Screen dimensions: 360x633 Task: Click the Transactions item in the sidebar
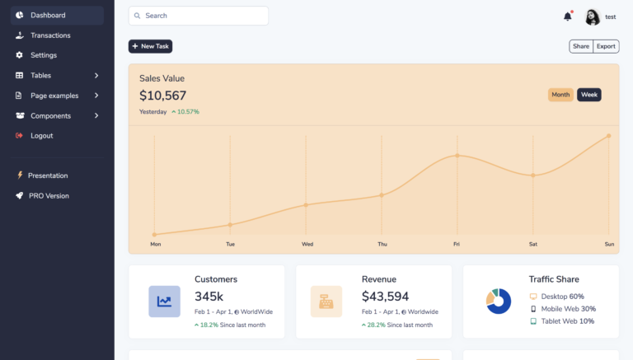(49, 35)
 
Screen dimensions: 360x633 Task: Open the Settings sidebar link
(43, 55)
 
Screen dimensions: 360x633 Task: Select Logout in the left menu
(41, 136)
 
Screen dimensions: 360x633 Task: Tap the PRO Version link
(49, 196)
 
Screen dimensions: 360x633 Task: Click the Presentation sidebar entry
(47, 175)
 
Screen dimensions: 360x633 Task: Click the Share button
(581, 46)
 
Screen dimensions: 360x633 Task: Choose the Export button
(607, 46)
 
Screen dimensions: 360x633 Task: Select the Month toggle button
(560, 95)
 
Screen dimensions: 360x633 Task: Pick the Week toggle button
(588, 95)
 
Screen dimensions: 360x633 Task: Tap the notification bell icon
(567, 16)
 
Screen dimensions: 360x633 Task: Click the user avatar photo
(593, 16)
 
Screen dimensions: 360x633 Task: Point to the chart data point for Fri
(457, 155)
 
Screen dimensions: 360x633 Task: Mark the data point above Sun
(608, 136)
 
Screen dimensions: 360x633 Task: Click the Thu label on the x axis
(382, 244)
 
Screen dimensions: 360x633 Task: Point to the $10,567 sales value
(162, 96)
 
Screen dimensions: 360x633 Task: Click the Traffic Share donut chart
(499, 302)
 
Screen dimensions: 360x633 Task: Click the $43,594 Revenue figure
(385, 297)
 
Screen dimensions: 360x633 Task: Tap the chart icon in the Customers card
(164, 302)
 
